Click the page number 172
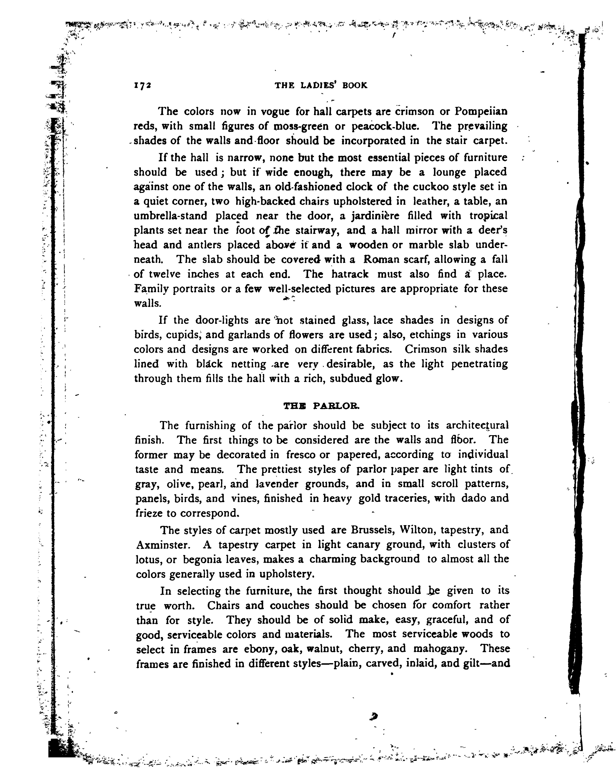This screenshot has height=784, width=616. [142, 85]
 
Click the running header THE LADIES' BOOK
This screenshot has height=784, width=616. [321, 85]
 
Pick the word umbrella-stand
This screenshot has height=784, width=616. [170, 216]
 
